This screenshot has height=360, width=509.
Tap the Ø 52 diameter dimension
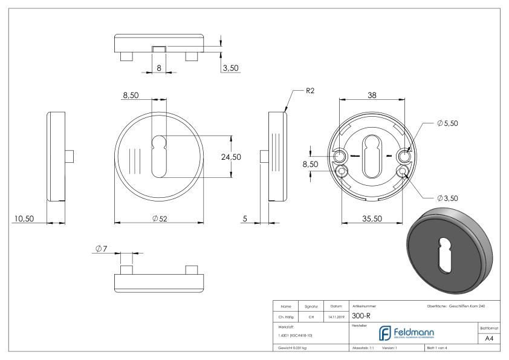(x=160, y=218)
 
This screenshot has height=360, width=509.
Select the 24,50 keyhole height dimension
(x=230, y=157)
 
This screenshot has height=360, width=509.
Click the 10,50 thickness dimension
(x=24, y=218)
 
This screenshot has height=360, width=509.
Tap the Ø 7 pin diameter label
(x=101, y=249)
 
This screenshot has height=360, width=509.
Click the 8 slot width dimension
(x=158, y=68)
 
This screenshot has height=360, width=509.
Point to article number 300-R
(x=361, y=315)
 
